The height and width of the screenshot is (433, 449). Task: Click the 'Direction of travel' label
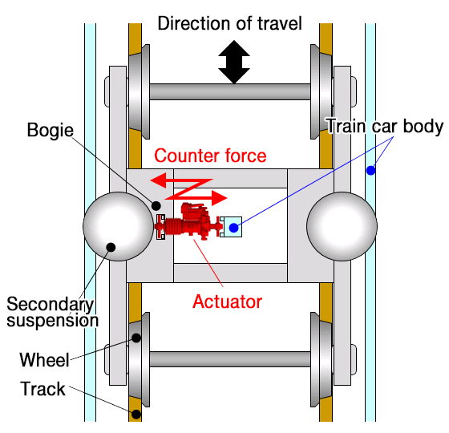[230, 23]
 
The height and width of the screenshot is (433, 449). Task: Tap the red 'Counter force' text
[210, 155]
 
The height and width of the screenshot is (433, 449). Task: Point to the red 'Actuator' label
[228, 301]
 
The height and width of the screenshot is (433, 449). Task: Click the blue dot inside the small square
[233, 228]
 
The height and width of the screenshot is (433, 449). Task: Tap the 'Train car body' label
[384, 126]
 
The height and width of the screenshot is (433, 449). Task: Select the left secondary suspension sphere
[117, 226]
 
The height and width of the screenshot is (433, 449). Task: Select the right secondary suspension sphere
[341, 226]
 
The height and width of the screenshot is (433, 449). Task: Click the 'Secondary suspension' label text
[51, 313]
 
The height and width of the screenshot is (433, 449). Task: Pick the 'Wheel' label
[45, 358]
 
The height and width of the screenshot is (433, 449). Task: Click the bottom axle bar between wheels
[229, 359]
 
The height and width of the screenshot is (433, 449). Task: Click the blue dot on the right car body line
[370, 170]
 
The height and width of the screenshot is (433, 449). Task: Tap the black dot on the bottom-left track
[136, 415]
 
